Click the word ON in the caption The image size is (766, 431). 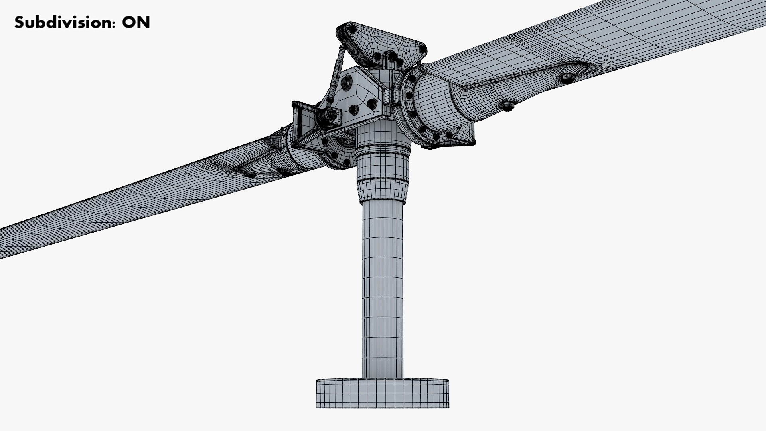136,22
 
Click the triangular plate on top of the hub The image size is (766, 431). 383,44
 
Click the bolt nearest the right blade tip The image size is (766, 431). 567,77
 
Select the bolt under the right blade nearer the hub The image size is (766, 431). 507,105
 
